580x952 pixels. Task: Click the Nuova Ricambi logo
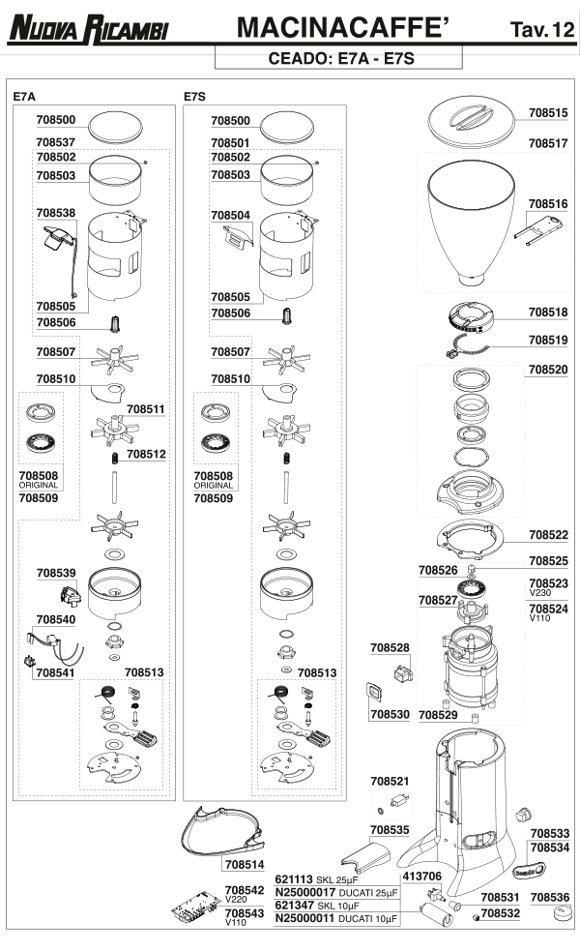point(89,30)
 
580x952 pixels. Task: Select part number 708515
point(548,113)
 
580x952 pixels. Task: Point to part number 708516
point(548,204)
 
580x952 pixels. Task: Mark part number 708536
point(549,897)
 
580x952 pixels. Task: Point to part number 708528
point(390,646)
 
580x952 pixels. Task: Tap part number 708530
point(390,714)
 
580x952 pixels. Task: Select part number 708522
point(548,534)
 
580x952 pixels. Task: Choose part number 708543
point(244,912)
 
